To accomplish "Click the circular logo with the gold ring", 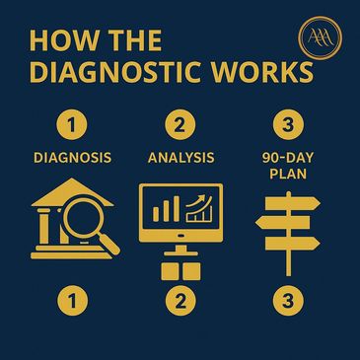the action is tap(320, 38).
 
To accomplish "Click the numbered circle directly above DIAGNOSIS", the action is tap(72, 125).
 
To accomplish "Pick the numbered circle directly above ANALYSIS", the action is tap(180, 125).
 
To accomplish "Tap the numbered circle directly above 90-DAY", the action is tap(288, 125).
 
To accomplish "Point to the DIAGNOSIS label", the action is tap(72, 158).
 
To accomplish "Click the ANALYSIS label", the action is tap(181, 158).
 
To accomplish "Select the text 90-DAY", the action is tap(288, 158).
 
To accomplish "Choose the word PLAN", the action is tap(288, 174).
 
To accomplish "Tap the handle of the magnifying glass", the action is tap(109, 244).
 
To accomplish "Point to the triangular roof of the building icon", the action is tap(73, 194).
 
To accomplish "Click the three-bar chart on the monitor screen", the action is tap(166, 209).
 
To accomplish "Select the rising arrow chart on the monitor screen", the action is tap(199, 208).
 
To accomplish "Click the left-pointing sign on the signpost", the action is tap(283, 223).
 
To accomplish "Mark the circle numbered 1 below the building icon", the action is tap(73, 301).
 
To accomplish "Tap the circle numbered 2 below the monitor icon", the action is tap(180, 301).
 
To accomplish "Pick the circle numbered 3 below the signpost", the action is tap(288, 301).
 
